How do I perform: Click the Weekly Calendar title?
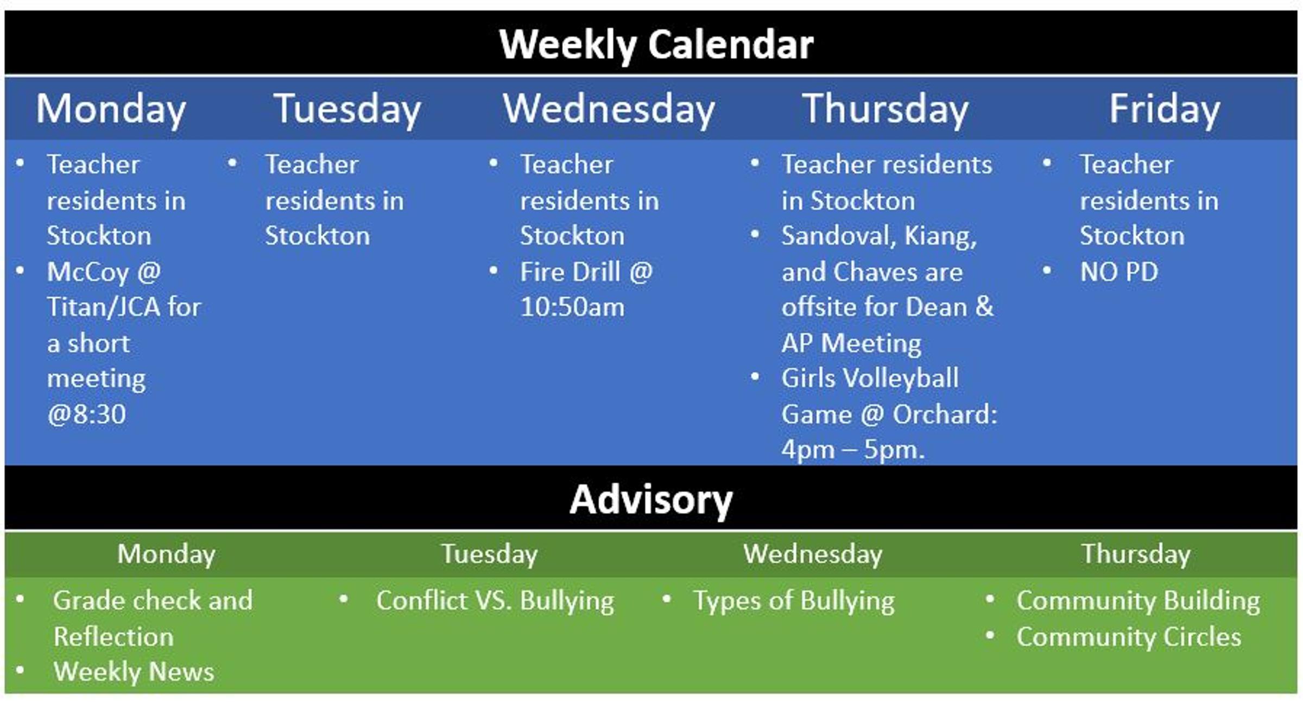(656, 45)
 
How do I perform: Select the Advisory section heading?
(651, 500)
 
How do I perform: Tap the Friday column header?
(1164, 110)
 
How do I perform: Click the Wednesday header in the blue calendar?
(609, 110)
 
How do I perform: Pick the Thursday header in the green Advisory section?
(1136, 555)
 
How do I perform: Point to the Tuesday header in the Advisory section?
(489, 555)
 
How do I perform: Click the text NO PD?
(1119, 272)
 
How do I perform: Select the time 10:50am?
(572, 308)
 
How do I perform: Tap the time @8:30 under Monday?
(86, 415)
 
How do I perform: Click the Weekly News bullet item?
(134, 672)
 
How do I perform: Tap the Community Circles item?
(1129, 637)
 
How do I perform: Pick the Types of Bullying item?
(794, 601)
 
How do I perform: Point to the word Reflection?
(113, 637)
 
